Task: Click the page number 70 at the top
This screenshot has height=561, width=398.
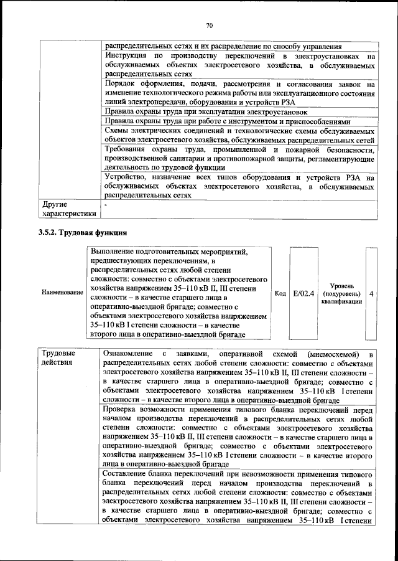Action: pyautogui.click(x=210, y=26)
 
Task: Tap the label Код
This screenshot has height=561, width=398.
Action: pyautogui.click(x=280, y=292)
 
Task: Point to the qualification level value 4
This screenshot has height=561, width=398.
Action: pyautogui.click(x=371, y=292)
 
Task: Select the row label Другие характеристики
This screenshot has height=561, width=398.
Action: pyautogui.click(x=68, y=209)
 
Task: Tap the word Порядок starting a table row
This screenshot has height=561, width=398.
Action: pyautogui.click(x=122, y=83)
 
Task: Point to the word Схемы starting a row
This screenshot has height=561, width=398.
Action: pyautogui.click(x=118, y=131)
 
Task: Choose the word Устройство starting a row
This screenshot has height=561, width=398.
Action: pyautogui.click(x=128, y=178)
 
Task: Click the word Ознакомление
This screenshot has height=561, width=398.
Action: pyautogui.click(x=132, y=352)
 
